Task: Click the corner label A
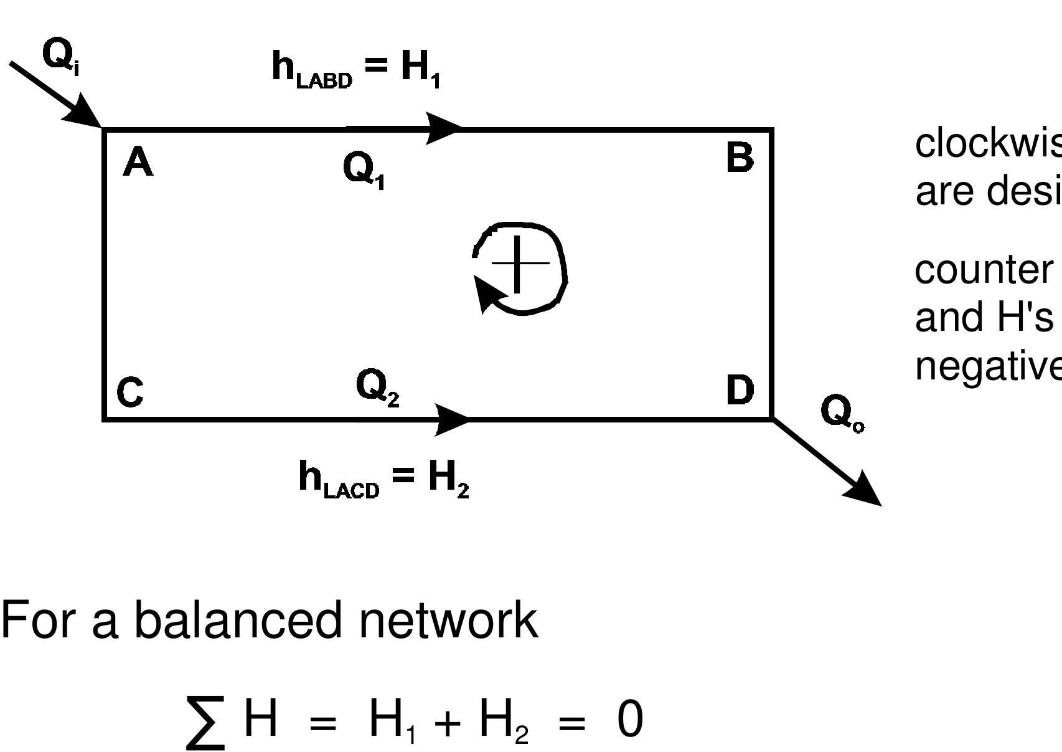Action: [x=138, y=163]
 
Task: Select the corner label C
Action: [x=130, y=393]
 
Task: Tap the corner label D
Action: [x=740, y=391]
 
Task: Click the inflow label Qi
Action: [x=60, y=56]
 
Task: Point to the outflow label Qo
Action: [x=840, y=413]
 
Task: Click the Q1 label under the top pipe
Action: [x=364, y=170]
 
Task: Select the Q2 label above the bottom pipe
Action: [x=377, y=388]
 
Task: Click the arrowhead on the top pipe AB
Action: [x=443, y=128]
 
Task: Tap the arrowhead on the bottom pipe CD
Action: [x=451, y=419]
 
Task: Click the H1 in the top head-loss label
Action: [x=420, y=67]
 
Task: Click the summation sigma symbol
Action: [x=205, y=723]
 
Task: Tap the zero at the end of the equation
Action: [x=629, y=720]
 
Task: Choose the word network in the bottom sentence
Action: [x=448, y=621]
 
